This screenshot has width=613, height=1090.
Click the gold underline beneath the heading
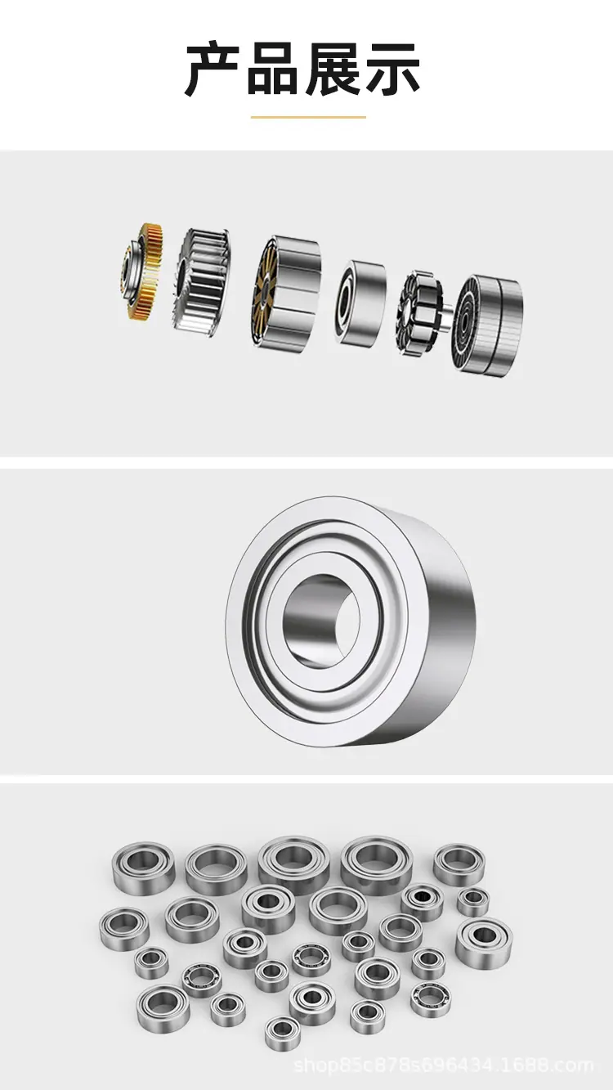[308, 117]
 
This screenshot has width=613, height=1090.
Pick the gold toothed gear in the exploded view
[142, 271]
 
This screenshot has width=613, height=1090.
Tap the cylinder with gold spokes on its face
[286, 292]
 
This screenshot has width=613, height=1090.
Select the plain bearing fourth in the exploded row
[360, 303]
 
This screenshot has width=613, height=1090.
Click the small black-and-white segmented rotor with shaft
[422, 313]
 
